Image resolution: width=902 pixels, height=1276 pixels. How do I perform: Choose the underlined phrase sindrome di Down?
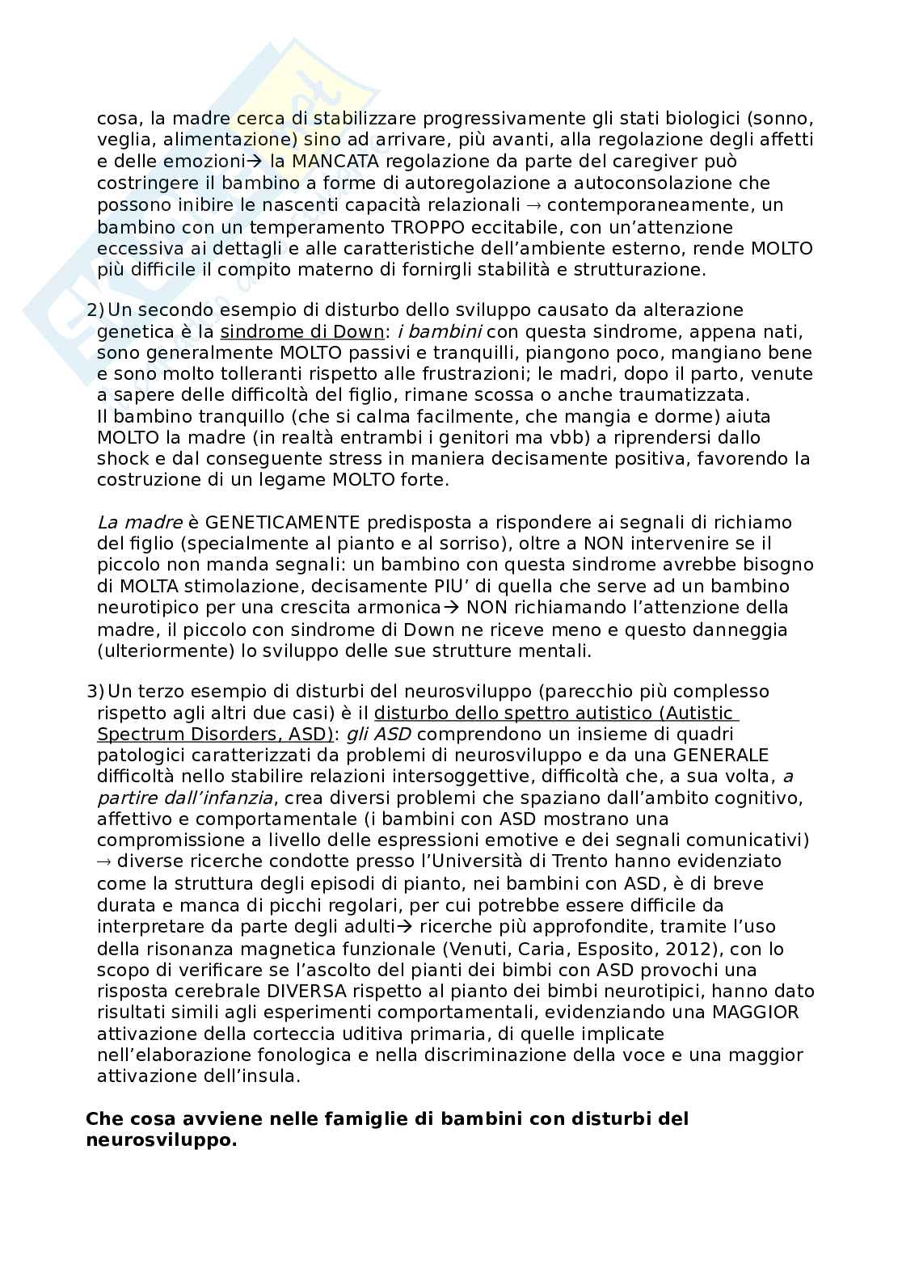point(301,332)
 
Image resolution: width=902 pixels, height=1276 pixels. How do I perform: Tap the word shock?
point(122,459)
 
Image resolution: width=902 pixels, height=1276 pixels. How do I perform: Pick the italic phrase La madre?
point(139,523)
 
